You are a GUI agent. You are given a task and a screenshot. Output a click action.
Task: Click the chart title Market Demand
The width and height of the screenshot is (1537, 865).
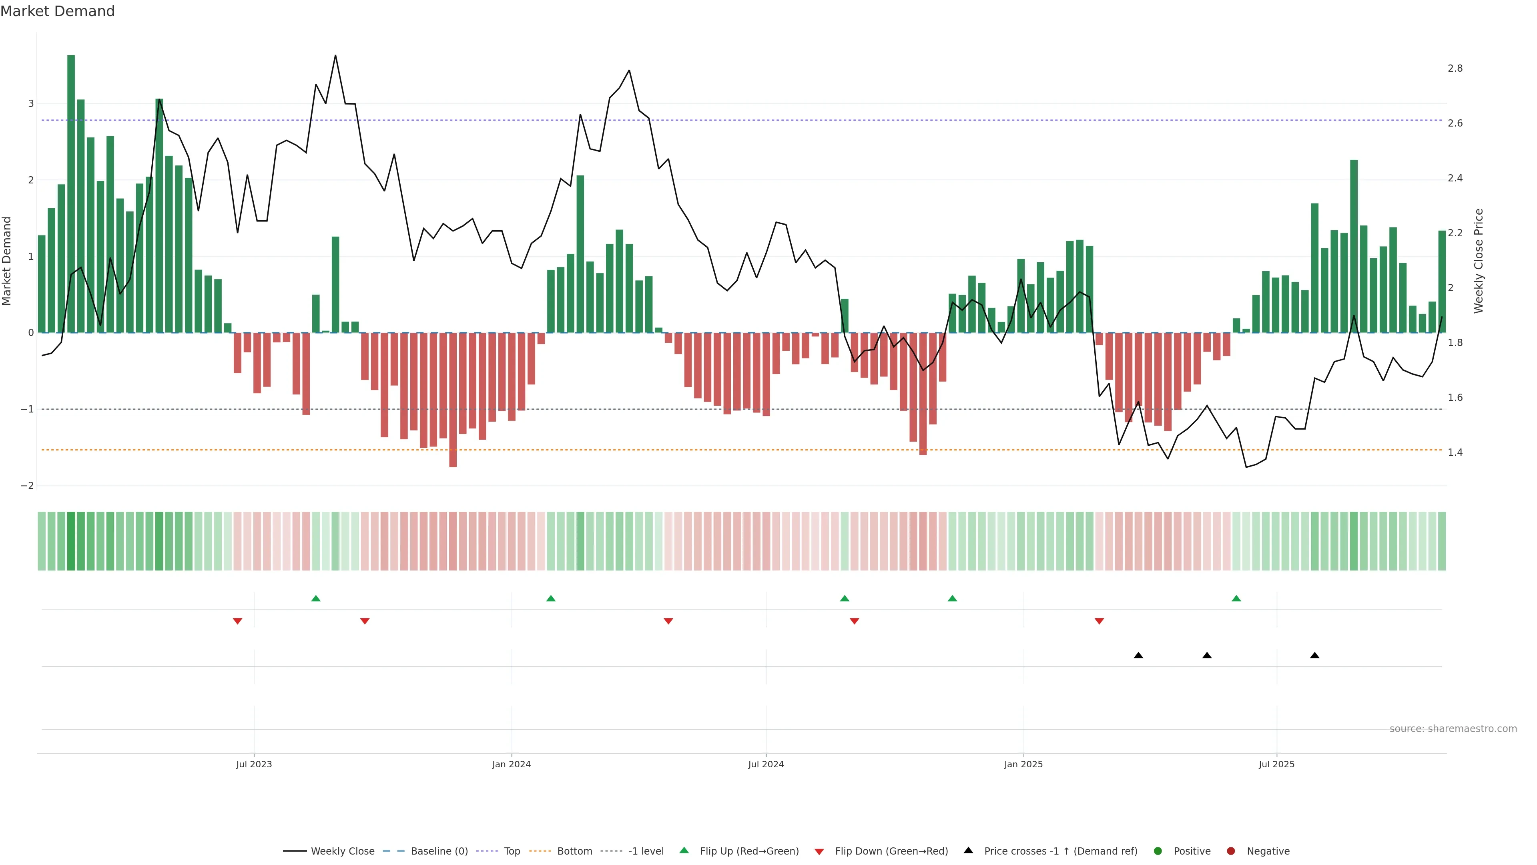point(57,11)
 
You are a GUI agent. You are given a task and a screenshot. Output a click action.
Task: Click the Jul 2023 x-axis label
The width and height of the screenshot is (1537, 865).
point(254,764)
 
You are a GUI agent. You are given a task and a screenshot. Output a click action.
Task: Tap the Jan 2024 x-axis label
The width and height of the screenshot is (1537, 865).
point(512,764)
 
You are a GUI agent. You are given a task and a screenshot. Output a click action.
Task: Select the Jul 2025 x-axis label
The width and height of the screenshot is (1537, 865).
point(1276,764)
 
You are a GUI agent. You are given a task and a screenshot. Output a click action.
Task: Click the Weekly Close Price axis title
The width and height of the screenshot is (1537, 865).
point(1479,261)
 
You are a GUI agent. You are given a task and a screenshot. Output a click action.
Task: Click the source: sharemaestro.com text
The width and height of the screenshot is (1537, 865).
point(1453,729)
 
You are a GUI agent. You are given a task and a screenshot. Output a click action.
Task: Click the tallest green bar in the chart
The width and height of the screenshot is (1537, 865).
point(71,191)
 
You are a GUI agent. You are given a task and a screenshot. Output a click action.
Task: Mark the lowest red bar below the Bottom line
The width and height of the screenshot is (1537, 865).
point(453,400)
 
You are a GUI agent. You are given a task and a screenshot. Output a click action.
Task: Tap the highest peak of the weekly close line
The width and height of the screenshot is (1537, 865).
point(335,56)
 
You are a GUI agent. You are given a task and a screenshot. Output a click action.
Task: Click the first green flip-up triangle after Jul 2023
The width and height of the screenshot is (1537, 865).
point(316,598)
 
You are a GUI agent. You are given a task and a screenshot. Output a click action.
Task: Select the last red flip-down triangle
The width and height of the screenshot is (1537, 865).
point(1099,622)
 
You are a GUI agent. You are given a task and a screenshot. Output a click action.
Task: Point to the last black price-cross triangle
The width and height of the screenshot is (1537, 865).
point(1314,656)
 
